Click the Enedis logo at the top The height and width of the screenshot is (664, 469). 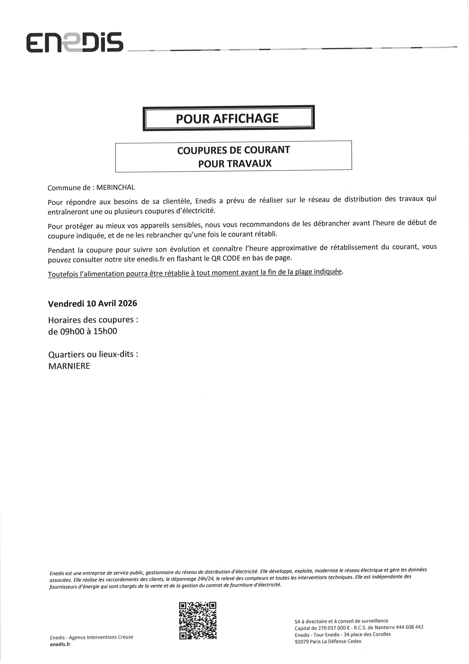click(x=75, y=42)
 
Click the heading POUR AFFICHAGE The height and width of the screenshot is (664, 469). click(x=227, y=118)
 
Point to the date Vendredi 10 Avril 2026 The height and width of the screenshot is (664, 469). click(x=92, y=303)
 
